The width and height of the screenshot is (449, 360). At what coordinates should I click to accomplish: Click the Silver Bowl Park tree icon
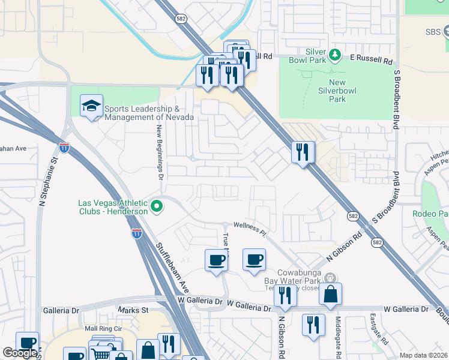click(336, 56)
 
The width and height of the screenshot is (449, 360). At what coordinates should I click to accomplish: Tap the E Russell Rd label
click(372, 61)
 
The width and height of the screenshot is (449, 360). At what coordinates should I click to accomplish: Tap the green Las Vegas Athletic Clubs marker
click(157, 208)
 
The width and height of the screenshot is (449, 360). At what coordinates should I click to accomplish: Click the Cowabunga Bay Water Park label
click(292, 276)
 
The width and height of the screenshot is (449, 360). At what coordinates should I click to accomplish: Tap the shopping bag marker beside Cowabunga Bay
click(330, 294)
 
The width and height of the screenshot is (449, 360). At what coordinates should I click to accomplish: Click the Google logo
click(20, 353)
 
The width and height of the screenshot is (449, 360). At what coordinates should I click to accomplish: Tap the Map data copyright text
click(424, 355)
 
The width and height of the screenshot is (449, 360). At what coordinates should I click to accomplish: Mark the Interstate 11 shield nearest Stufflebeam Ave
click(137, 233)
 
